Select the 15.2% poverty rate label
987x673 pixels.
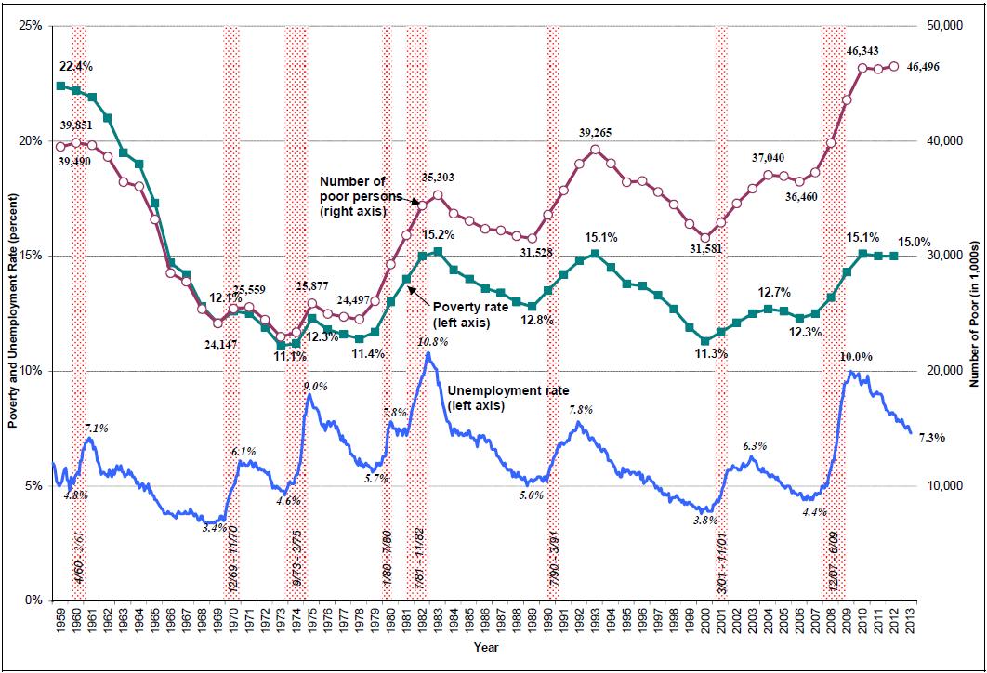point(439,234)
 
